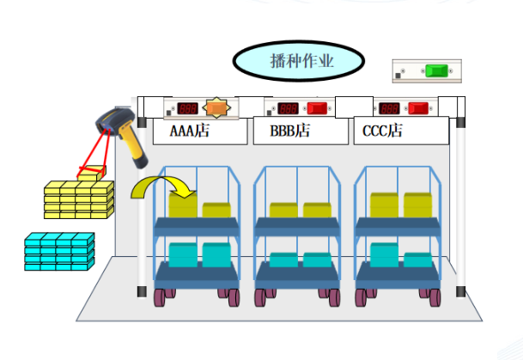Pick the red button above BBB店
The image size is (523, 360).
click(x=318, y=108)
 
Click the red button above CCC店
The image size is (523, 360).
click(x=418, y=108)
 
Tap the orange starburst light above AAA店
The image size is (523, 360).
click(x=217, y=108)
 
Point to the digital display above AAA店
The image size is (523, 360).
click(x=188, y=109)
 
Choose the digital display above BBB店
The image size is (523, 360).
click(x=289, y=109)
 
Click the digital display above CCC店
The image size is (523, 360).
click(x=388, y=109)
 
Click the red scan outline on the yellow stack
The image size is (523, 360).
click(x=90, y=173)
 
